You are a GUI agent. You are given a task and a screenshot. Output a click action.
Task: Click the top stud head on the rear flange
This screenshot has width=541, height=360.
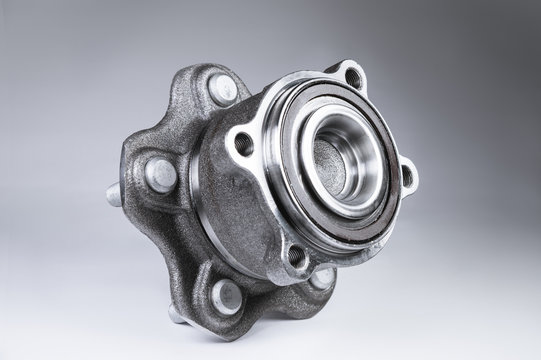click(x=222, y=90)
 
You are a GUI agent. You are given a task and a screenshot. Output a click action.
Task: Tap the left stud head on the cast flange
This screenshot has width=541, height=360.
click(x=160, y=175)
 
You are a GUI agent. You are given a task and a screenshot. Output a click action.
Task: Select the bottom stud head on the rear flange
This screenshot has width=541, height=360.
click(x=225, y=294)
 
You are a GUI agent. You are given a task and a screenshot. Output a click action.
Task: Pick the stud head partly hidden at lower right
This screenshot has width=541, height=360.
click(x=321, y=277)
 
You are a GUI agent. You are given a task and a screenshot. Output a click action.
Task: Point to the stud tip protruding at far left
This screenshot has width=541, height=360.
click(x=114, y=194)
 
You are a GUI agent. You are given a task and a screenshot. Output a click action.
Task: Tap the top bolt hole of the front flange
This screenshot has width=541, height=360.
click(x=352, y=77)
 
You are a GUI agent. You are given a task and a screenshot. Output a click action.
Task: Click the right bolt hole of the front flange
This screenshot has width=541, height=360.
click(x=406, y=176)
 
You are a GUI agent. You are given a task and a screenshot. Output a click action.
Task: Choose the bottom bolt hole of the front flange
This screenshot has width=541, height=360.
click(x=297, y=256)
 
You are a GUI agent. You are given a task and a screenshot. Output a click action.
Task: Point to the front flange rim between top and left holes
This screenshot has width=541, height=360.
click(x=290, y=95)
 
